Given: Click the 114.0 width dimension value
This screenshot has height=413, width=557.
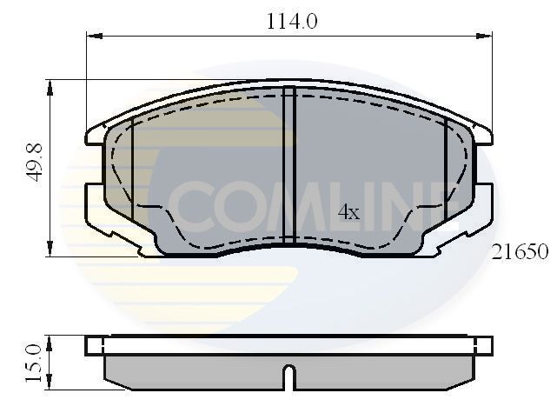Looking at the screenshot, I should click(291, 22).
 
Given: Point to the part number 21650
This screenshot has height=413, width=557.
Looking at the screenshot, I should click(520, 252).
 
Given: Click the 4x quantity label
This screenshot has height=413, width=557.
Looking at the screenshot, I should click(348, 212).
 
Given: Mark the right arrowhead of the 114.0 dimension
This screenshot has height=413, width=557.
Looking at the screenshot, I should click(487, 36).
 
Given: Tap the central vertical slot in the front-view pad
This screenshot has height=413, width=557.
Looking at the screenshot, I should click(290, 165).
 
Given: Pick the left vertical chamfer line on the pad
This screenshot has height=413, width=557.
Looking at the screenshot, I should click(132, 170).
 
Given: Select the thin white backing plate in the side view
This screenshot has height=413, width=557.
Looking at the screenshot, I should click(289, 345).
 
